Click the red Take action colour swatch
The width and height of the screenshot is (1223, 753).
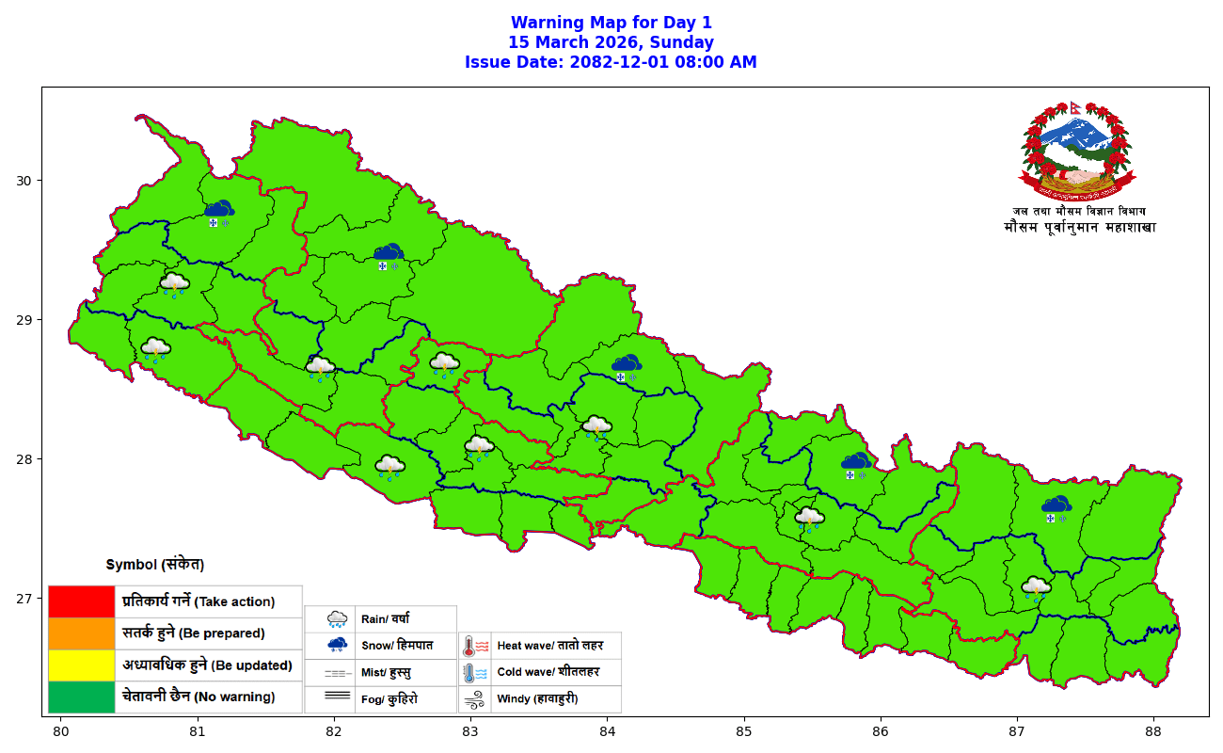pos(81,601)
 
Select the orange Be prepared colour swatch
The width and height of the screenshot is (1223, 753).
pos(81,633)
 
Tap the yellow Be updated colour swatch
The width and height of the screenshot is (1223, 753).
pos(81,665)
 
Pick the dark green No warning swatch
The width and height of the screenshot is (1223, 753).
pos(81,697)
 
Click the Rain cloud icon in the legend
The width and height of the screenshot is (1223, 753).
pos(337,619)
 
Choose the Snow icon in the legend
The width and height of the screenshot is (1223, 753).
pos(337,646)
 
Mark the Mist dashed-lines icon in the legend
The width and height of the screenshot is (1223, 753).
pos(337,673)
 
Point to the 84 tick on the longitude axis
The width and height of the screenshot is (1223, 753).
pos(607,730)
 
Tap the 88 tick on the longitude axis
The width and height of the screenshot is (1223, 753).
pos(1153,730)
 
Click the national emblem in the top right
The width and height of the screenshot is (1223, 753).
pos(1078,147)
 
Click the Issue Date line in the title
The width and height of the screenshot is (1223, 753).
pos(611,62)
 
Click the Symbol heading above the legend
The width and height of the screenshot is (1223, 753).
pos(155,565)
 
